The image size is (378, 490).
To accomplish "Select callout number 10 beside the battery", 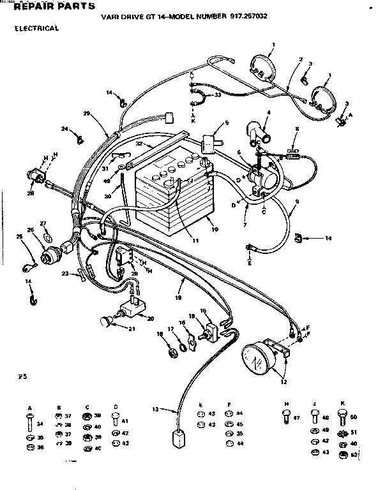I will click(215, 229).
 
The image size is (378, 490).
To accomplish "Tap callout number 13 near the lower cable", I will click(155, 409).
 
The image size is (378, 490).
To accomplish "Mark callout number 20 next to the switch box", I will click(151, 319).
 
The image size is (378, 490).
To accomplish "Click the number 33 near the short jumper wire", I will click(218, 95).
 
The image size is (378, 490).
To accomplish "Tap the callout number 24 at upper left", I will click(64, 129).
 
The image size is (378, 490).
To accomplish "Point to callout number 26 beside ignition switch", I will click(29, 230).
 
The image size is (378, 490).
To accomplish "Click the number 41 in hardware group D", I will click(125, 421).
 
